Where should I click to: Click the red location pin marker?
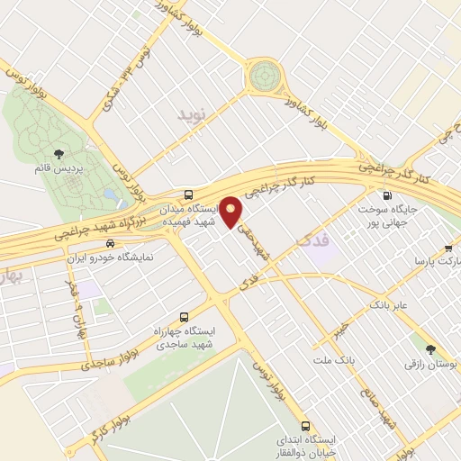[231, 211]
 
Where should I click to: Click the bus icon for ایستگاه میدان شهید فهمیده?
[188, 194]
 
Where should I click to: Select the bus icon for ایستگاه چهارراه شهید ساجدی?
[185, 318]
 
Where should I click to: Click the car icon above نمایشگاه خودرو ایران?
[110, 244]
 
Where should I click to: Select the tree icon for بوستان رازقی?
[429, 349]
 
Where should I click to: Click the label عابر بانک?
[388, 306]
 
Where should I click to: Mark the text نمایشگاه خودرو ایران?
[113, 258]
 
